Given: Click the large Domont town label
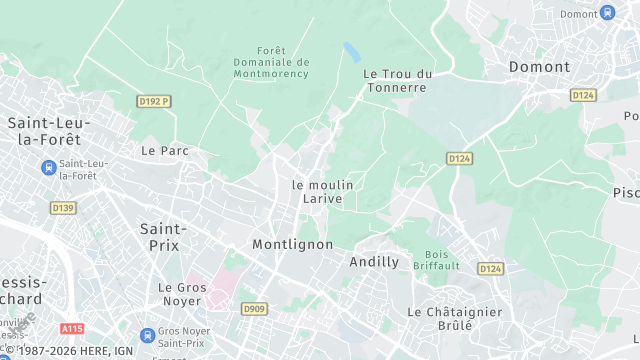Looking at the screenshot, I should point(539,67).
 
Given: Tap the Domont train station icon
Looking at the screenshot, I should point(607,13).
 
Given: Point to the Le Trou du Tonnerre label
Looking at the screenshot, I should point(397,80).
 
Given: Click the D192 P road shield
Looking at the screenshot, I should point(154,101).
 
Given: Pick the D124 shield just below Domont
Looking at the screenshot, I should point(583,94).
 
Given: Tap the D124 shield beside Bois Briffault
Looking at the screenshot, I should point(490,269).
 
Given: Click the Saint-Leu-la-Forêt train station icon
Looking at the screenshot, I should point(47,166).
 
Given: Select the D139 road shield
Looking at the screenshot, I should point(62,208).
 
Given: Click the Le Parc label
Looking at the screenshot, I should point(165,151).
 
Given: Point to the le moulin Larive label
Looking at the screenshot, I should point(322,192).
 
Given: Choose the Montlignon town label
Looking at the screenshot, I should point(292,245).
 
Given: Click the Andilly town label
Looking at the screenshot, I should point(374,262).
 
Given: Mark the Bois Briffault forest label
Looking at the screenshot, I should point(443,260).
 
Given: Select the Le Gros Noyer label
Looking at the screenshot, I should point(182,294).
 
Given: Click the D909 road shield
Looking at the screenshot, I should point(253,309).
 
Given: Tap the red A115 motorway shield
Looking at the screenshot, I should point(72,328).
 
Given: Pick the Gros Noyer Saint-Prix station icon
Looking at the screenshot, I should point(147,335).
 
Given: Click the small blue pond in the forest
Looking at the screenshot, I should point(351,49).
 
